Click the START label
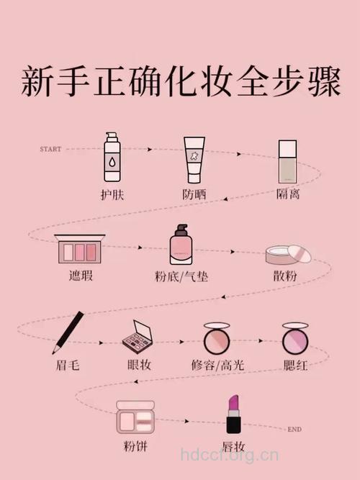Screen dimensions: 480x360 50,149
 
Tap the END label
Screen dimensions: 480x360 294,430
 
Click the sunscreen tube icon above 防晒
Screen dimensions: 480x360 193,160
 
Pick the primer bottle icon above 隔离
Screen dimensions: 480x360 287,160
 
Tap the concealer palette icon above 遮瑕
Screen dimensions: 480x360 80,249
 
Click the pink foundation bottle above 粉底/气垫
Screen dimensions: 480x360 181,246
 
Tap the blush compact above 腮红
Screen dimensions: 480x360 294,337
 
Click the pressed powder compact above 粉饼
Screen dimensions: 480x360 135,417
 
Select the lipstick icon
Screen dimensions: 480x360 233,413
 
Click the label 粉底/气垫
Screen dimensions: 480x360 181,276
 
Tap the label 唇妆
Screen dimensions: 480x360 233,445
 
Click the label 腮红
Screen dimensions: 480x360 295,365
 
